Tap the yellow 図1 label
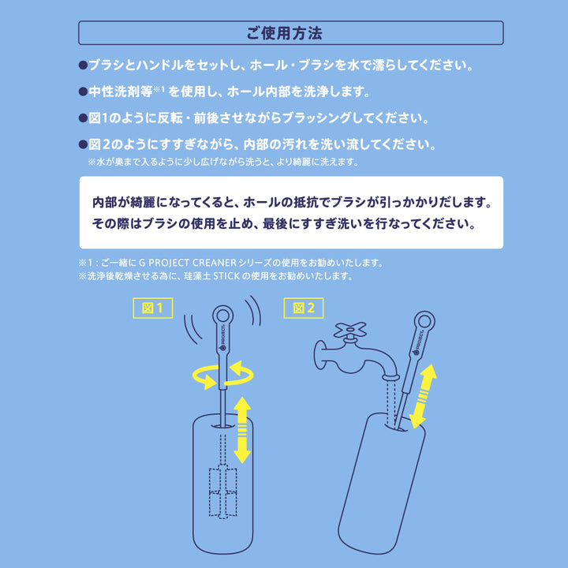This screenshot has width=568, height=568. tap(151, 308)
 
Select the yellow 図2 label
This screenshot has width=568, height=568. tap(305, 308)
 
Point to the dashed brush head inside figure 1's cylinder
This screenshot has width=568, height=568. tap(222, 493)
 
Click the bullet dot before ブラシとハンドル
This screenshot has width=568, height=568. tap(83, 64)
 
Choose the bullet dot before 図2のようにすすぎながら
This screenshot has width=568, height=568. tap(83, 145)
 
